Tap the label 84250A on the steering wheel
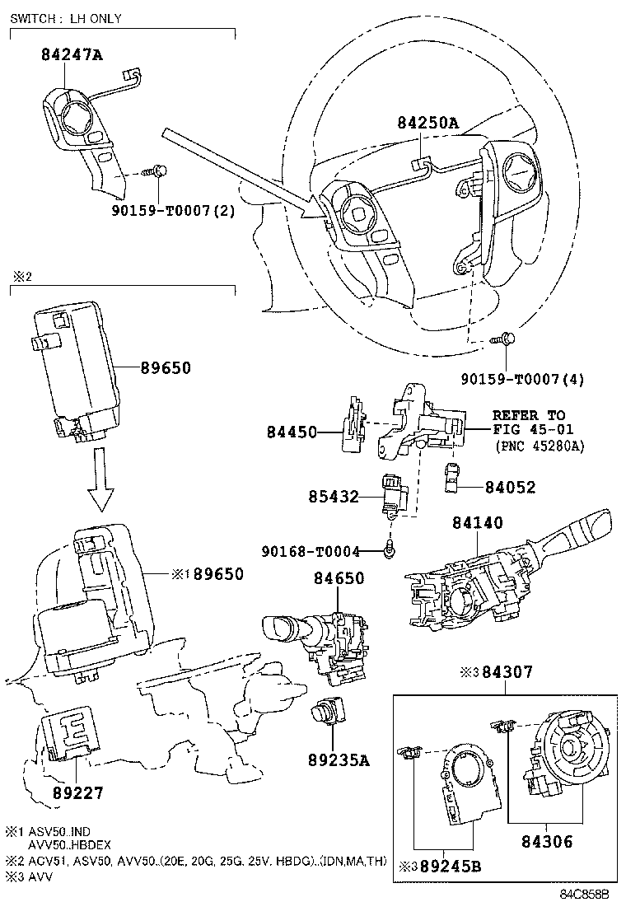click(427, 123)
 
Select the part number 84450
click(292, 431)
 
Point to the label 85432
click(334, 498)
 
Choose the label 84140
click(477, 522)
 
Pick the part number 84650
click(338, 579)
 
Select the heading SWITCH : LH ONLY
click(66, 19)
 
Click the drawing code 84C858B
click(584, 894)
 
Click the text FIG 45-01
click(528, 429)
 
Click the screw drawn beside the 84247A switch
click(154, 171)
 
